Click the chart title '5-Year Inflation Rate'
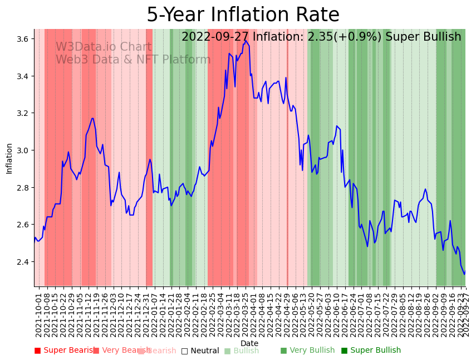243,15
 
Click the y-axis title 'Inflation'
9,158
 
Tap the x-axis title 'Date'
249,343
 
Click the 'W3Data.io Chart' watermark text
104,47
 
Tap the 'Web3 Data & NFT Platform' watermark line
133,60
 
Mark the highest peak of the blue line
245,40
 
